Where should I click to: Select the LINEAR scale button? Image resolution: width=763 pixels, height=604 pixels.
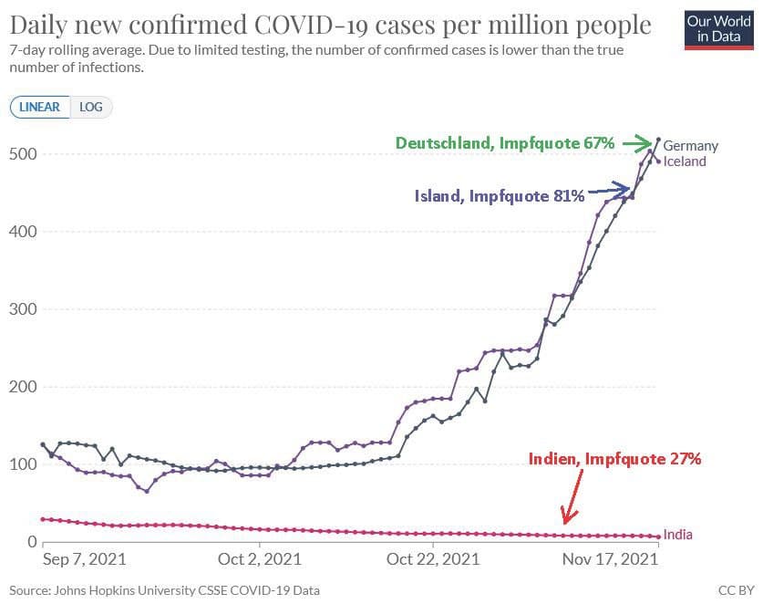[x=39, y=107]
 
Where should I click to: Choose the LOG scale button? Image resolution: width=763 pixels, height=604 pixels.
[x=91, y=107]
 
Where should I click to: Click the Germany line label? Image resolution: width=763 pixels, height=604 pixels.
[x=690, y=146]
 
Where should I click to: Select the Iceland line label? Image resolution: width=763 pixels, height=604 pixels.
[x=685, y=161]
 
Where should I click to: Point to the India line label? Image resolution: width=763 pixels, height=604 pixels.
[x=677, y=535]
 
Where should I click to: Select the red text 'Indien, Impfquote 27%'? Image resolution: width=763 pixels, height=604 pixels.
[x=615, y=459]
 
